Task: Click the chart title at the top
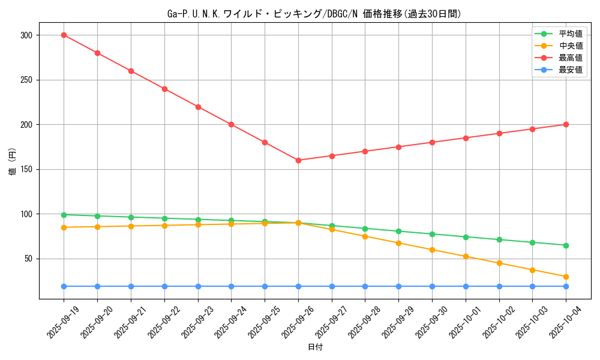tap(314, 14)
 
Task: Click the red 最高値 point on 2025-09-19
tap(64, 35)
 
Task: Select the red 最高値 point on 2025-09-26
tap(298, 160)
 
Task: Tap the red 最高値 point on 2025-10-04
tap(566, 124)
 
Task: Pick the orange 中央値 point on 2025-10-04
tap(566, 277)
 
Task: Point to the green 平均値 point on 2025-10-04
tap(566, 245)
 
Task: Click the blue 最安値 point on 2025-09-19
tap(64, 286)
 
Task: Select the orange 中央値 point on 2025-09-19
tap(64, 227)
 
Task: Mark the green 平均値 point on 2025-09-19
tap(64, 215)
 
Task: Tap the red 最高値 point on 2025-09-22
tap(164, 89)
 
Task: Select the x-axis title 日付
tap(314, 347)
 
